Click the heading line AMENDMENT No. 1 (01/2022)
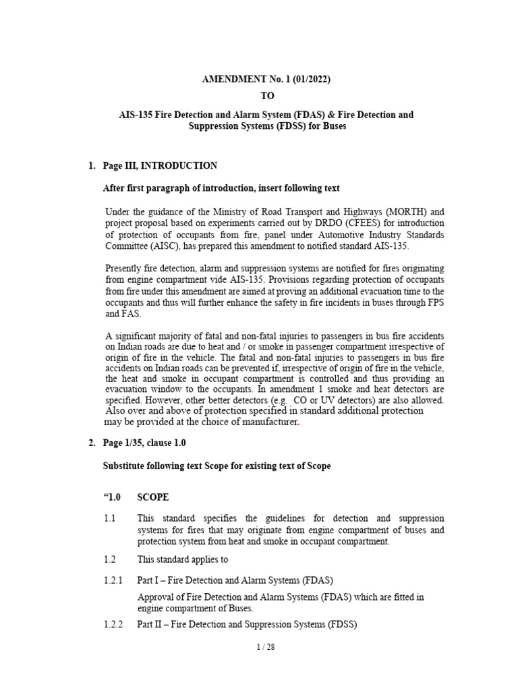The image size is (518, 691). click(266, 80)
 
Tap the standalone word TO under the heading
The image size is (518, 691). click(267, 96)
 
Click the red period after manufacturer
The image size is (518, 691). click(298, 422)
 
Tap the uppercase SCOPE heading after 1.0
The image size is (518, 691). click(153, 497)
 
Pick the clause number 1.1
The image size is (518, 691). click(110, 518)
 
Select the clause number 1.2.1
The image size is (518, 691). click(113, 580)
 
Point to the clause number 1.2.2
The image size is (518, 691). click(113, 625)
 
